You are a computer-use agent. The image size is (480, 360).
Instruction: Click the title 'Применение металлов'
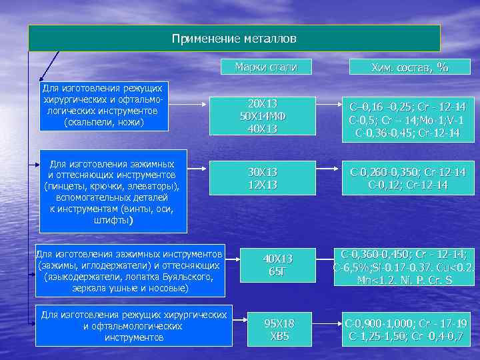coord(234,39)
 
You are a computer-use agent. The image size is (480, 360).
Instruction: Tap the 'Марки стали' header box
coord(266,67)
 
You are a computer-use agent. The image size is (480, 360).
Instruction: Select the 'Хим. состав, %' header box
coord(409,67)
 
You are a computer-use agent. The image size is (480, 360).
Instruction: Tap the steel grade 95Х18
coord(279,323)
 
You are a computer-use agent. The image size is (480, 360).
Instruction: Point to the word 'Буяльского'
coord(182,277)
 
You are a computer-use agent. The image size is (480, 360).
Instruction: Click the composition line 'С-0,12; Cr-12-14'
coord(408,184)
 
